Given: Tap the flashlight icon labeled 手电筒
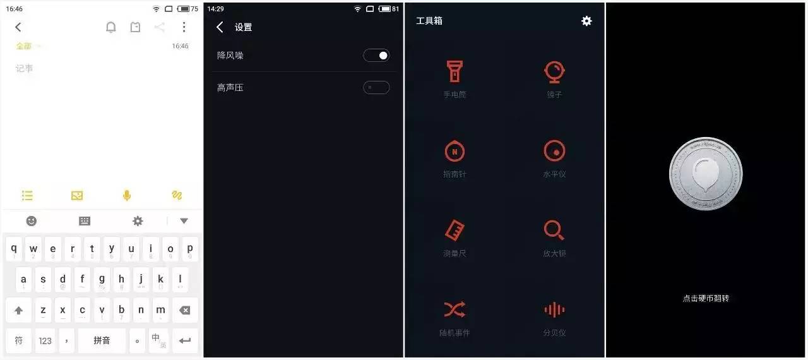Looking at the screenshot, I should pyautogui.click(x=454, y=71).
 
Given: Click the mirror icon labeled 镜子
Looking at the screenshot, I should pyautogui.click(x=554, y=71).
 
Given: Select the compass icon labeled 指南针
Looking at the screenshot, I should pyautogui.click(x=454, y=151).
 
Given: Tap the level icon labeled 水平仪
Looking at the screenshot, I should pyautogui.click(x=554, y=151).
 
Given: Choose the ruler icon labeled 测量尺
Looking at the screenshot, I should pyautogui.click(x=454, y=231).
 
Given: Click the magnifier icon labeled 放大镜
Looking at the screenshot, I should pyautogui.click(x=554, y=231).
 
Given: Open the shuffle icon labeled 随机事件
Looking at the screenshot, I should pyautogui.click(x=454, y=309).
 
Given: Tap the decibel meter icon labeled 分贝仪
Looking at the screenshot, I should pyautogui.click(x=554, y=309).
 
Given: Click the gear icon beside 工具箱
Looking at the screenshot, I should pyautogui.click(x=586, y=21).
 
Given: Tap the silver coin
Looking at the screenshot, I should pyautogui.click(x=706, y=174).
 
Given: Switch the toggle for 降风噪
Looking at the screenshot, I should pyautogui.click(x=376, y=56).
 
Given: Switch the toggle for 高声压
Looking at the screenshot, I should pyautogui.click(x=376, y=87).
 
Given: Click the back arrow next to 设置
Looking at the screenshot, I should pyautogui.click(x=220, y=27).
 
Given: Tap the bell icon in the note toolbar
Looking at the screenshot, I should pyautogui.click(x=111, y=27).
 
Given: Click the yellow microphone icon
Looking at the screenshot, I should pyautogui.click(x=127, y=196).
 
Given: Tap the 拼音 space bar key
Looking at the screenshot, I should pyautogui.click(x=102, y=340).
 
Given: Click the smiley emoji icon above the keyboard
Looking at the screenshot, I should pyautogui.click(x=31, y=221).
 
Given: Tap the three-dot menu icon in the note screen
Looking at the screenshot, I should pyautogui.click(x=184, y=27).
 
